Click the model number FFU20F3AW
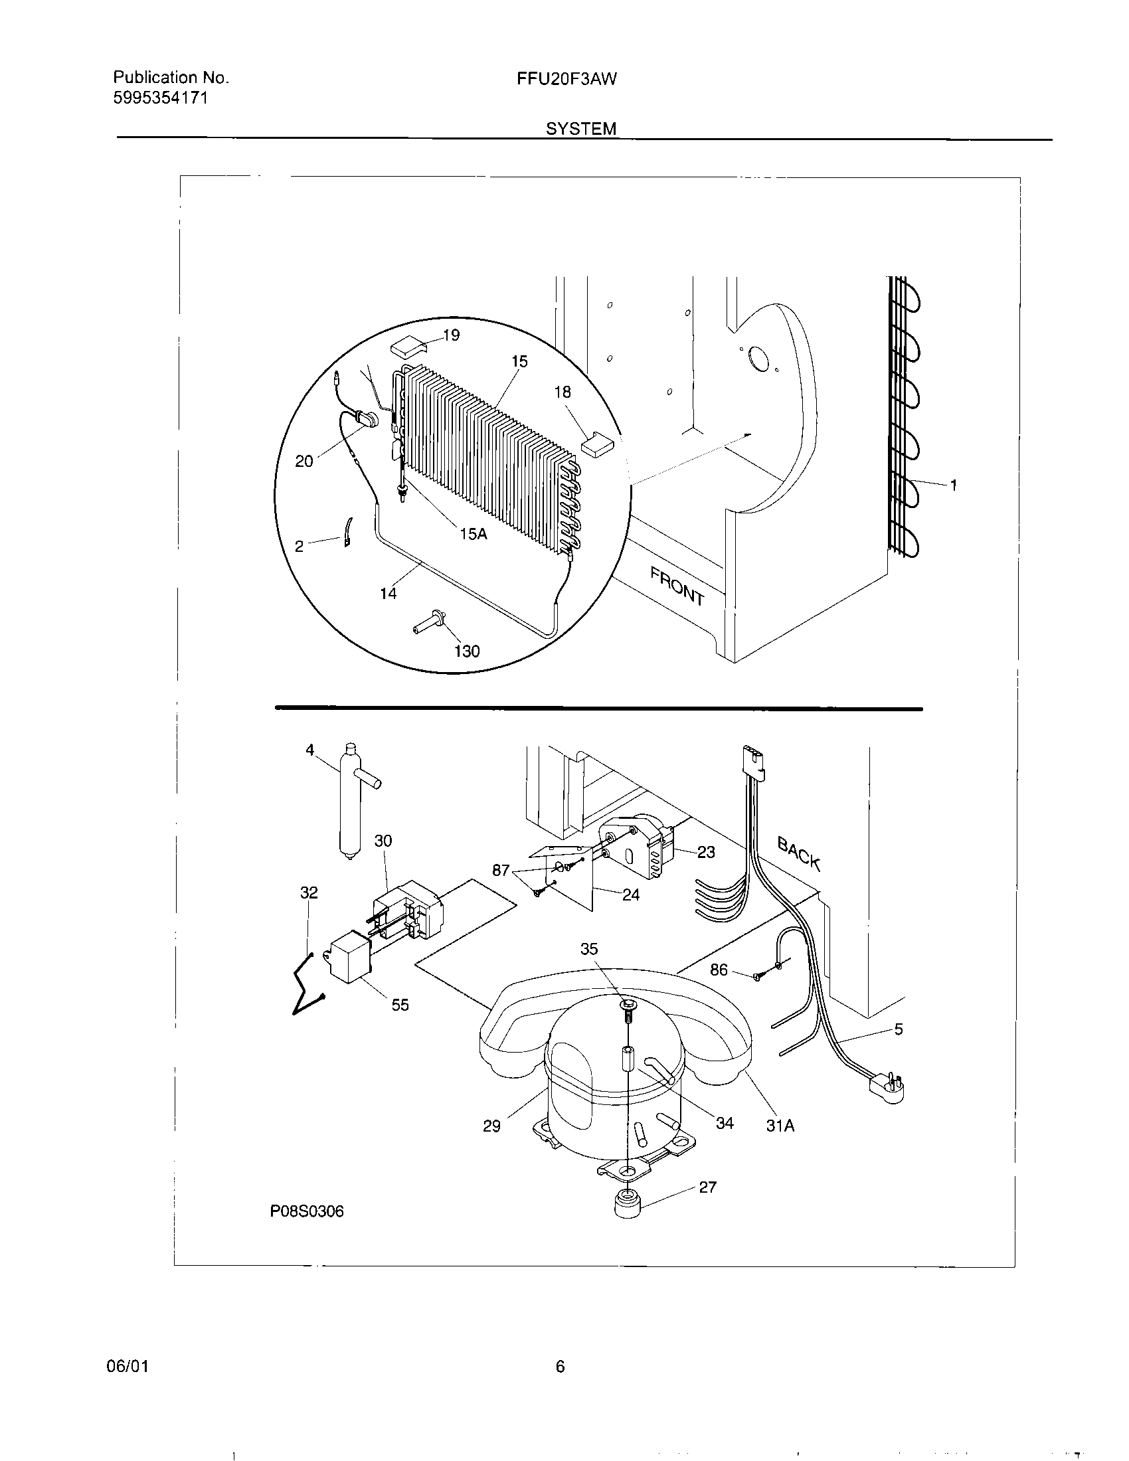click(566, 79)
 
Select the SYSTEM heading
click(580, 128)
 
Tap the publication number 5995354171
click(161, 98)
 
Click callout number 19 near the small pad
click(452, 335)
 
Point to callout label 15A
click(472, 534)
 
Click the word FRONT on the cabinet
click(677, 586)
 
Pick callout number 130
click(467, 651)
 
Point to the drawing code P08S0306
click(307, 1211)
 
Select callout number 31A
click(780, 1126)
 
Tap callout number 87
click(501, 871)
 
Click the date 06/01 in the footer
click(127, 1367)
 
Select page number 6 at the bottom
click(560, 1367)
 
